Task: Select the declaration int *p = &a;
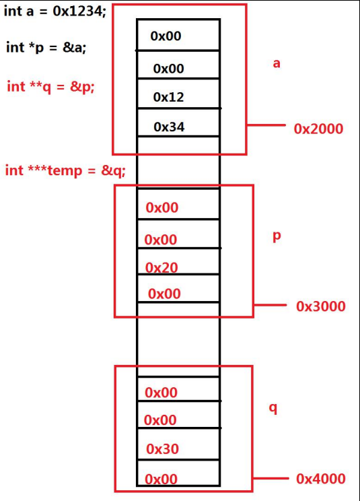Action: point(46,47)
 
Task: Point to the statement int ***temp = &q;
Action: point(65,170)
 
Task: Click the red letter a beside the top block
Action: point(276,64)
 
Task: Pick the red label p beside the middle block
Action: point(276,237)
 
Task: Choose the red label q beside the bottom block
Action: point(273,409)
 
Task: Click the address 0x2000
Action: point(318,129)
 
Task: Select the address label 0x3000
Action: point(320,306)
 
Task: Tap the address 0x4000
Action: point(320,479)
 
